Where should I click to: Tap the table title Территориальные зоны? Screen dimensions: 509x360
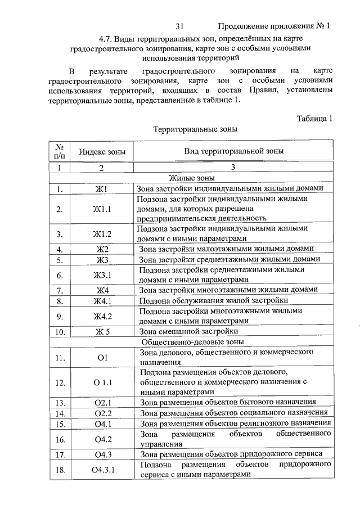tap(196, 129)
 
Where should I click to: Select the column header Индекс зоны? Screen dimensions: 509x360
tap(102, 152)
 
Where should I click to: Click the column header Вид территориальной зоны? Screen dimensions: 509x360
tap(234, 151)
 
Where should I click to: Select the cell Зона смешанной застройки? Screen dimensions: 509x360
tap(189, 332)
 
